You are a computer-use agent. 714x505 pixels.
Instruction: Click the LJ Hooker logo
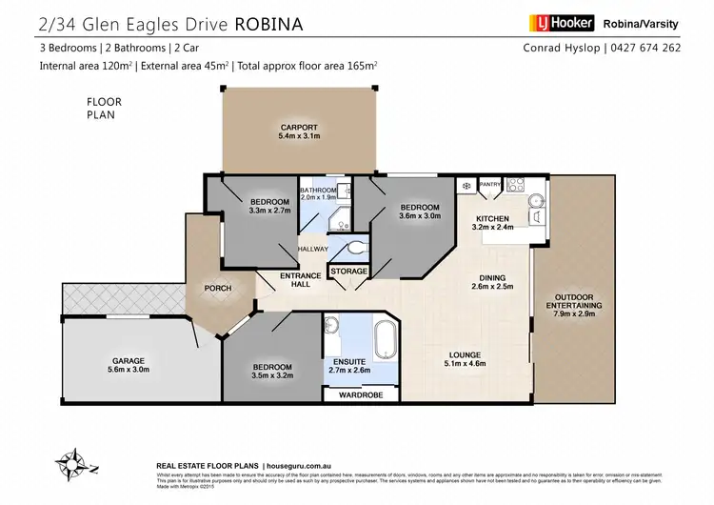click(x=560, y=22)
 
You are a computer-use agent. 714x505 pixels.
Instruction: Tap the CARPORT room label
click(x=298, y=129)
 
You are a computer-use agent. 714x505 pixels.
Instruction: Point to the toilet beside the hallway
click(x=355, y=249)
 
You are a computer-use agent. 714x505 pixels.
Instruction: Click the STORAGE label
click(x=348, y=272)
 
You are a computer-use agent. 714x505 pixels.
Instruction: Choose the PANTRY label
click(x=490, y=185)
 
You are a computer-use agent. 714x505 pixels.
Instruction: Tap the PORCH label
click(x=218, y=289)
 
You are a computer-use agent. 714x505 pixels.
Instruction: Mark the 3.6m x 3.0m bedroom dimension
click(x=419, y=216)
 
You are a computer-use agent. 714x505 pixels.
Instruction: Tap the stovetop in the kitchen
click(x=517, y=184)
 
